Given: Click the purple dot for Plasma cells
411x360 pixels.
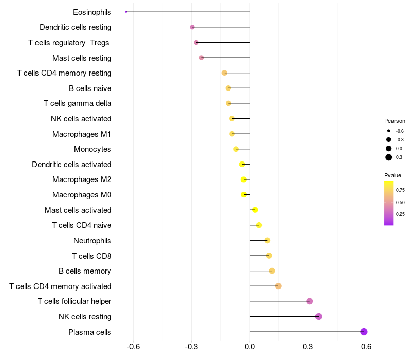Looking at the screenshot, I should click(364, 332).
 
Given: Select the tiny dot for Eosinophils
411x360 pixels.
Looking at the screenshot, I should click(126, 12).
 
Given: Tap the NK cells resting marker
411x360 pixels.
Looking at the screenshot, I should click(319, 316).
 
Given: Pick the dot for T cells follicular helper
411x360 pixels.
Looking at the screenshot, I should click(309, 301).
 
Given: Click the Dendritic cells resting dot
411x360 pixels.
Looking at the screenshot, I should click(192, 27).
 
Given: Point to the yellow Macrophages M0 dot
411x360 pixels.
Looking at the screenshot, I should click(244, 195).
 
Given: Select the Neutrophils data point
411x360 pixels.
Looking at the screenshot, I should click(267, 240).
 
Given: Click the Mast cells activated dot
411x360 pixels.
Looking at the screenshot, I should click(255, 210).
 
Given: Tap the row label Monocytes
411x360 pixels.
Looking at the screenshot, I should click(92, 149).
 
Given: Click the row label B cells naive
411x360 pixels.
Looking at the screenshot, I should click(90, 88).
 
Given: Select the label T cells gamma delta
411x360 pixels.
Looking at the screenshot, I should click(78, 103).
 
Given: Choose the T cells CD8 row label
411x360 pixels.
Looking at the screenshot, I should click(91, 256).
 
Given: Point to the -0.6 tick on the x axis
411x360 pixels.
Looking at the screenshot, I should click(133, 347).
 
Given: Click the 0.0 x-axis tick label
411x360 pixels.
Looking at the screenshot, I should click(250, 347).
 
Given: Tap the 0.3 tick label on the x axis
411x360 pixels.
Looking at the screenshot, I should click(308, 347).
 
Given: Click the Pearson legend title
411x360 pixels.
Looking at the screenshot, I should click(395, 121).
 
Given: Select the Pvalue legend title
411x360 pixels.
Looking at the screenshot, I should click(393, 175).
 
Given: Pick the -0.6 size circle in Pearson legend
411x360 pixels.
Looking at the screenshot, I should click(389, 131).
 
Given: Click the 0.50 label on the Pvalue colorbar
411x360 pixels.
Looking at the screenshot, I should click(400, 202).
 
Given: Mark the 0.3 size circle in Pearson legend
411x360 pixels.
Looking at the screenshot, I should click(389, 157).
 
